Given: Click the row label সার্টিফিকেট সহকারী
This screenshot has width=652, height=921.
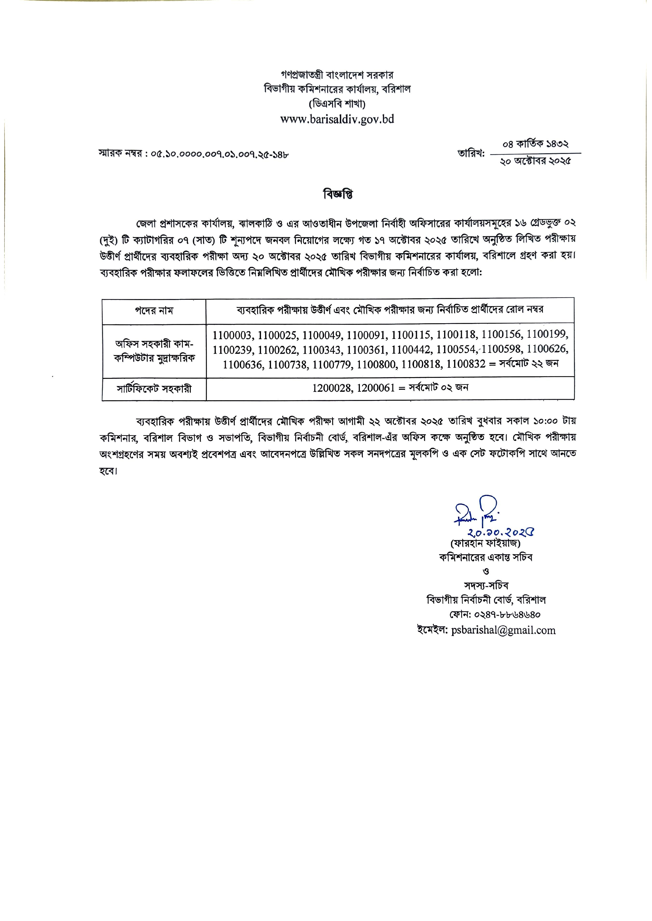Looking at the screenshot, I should [154, 389].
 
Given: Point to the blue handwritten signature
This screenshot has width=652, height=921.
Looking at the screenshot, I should [476, 514].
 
